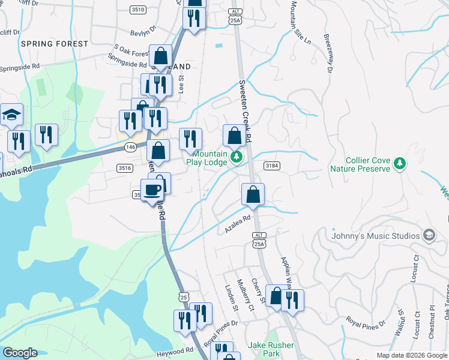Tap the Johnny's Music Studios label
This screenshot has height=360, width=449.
[x=375, y=236]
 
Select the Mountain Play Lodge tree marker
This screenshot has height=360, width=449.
[x=237, y=157]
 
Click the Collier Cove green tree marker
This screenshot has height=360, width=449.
[x=399, y=163]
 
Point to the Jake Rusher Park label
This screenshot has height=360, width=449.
[x=271, y=349]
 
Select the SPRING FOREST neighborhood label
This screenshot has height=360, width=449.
[x=54, y=44]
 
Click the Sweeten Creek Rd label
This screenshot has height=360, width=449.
[x=246, y=108]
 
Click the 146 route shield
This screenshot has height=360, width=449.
[x=130, y=147]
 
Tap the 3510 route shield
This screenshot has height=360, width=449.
[x=138, y=10]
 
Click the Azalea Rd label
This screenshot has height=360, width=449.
[x=237, y=226]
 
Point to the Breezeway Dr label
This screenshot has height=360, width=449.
[x=328, y=53]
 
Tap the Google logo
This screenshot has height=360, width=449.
[x=20, y=353]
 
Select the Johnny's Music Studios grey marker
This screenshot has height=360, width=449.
[x=429, y=235]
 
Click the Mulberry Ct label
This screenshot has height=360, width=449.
[x=244, y=295]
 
